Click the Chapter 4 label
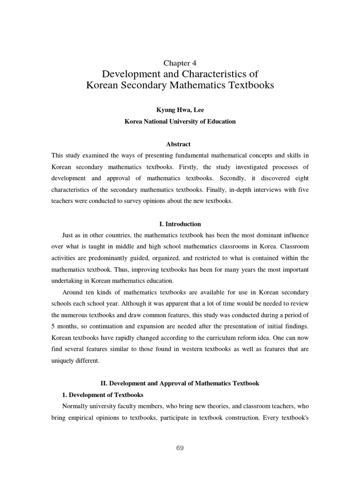[x=180, y=63]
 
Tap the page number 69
[x=180, y=448]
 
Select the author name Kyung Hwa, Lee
[x=180, y=110]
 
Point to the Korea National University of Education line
[x=180, y=121]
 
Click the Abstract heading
[x=180, y=144]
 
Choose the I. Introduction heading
[x=180, y=224]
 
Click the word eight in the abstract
[x=300, y=178]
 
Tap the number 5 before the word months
[x=53, y=326]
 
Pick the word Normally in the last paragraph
[x=75, y=406]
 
